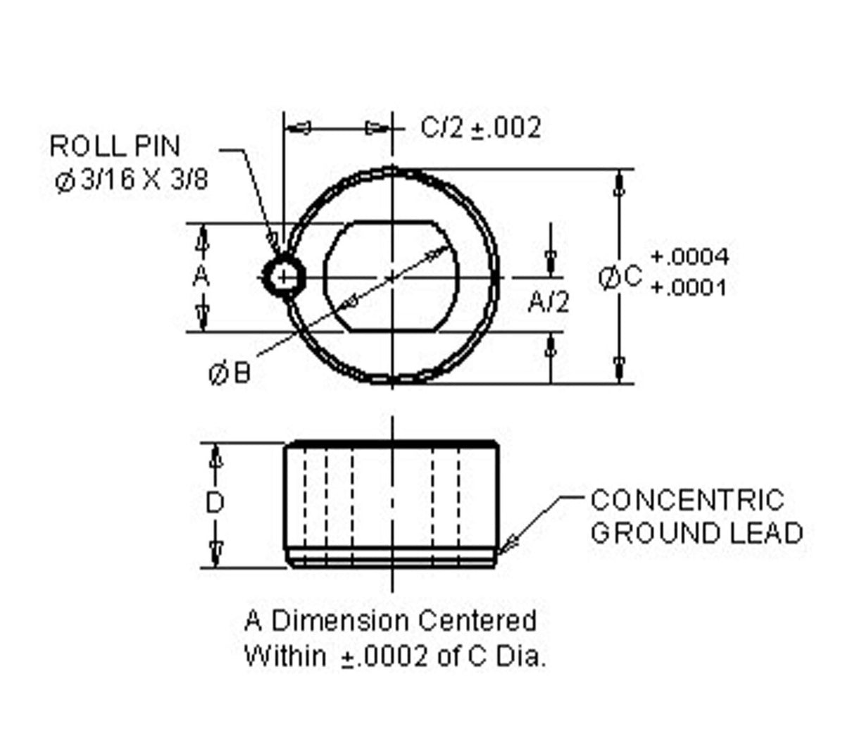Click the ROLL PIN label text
(115, 146)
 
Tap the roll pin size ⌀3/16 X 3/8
(132, 180)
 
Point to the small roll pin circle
(283, 277)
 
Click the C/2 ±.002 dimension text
(481, 127)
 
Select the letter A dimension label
(201, 276)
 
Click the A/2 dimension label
(549, 302)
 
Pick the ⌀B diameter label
(230, 372)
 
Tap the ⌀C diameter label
(620, 277)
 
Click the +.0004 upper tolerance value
(689, 257)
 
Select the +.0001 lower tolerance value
(688, 288)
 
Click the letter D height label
(214, 503)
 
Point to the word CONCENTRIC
(687, 501)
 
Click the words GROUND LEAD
(696, 533)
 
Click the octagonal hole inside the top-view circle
(391, 277)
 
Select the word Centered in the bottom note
(477, 621)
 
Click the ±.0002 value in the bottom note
(384, 657)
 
